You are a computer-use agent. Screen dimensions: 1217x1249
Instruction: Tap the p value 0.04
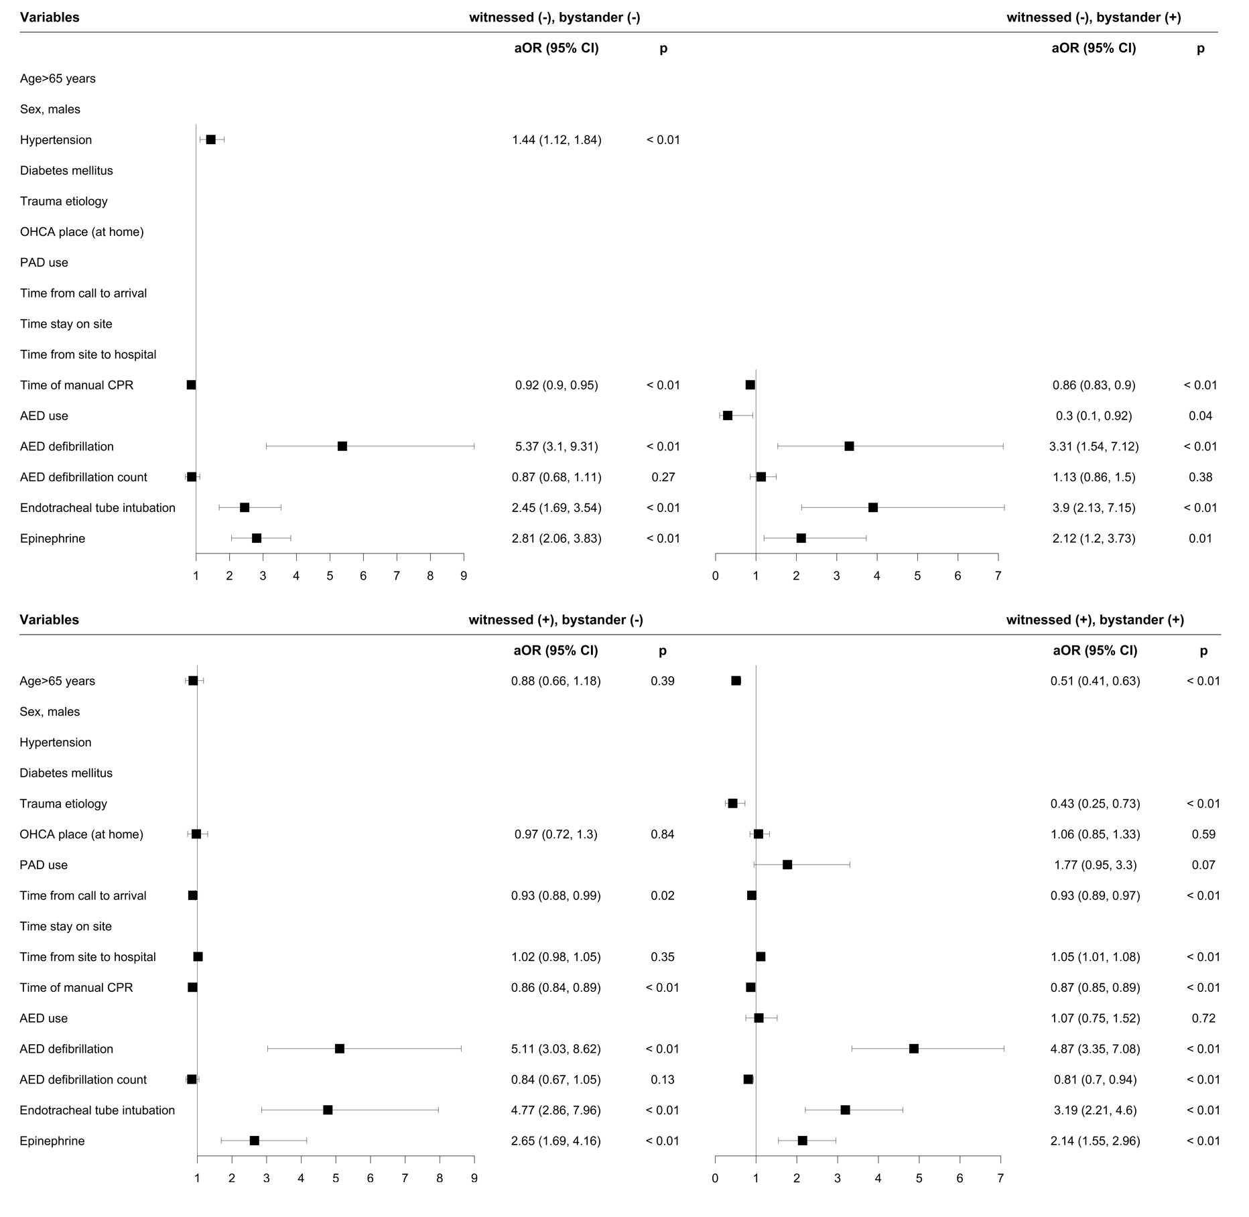coord(1200,416)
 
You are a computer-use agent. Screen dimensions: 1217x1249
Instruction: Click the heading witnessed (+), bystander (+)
coord(1095,620)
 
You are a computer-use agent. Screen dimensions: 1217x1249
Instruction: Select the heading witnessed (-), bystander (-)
coord(554,17)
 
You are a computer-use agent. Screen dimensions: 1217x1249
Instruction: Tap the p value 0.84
coord(663,834)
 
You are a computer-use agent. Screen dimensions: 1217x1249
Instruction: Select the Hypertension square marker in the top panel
coord(210,139)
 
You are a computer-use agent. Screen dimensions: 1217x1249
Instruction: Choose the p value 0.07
coord(1203,865)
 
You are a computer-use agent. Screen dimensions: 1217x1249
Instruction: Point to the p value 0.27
coord(663,477)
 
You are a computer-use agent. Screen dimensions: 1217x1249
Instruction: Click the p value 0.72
coord(1203,1018)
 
